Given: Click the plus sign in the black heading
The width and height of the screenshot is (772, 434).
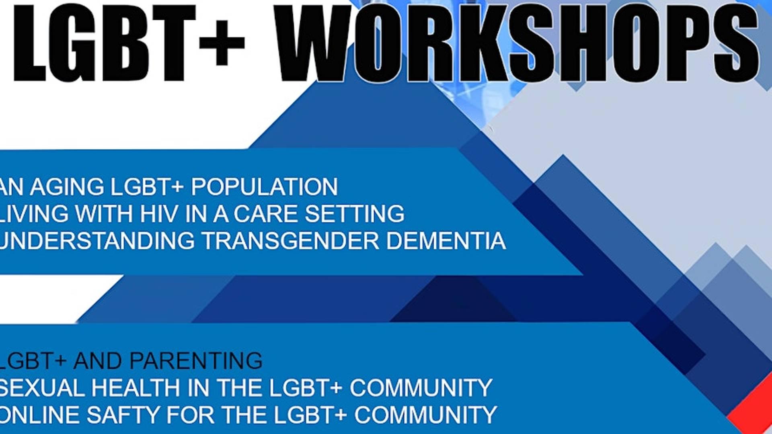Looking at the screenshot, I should coord(222,42).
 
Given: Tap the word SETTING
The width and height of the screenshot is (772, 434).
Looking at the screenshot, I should coord(354,213).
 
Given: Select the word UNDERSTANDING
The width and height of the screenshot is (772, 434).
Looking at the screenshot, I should coord(96,241).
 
